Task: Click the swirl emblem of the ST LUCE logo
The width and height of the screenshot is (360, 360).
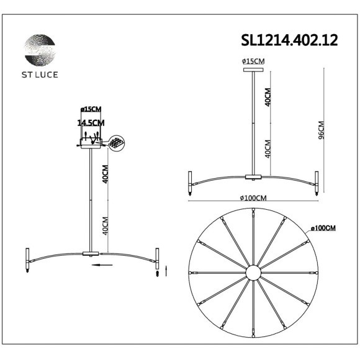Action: (39, 49)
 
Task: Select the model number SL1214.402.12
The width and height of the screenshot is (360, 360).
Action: (289, 40)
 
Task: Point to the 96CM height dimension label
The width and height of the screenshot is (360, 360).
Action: (330, 130)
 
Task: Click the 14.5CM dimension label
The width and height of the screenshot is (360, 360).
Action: (91, 123)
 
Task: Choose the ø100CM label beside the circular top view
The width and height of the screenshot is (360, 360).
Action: (323, 228)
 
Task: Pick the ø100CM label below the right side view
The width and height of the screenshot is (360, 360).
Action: (253, 198)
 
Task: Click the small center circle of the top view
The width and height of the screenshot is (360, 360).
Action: (253, 273)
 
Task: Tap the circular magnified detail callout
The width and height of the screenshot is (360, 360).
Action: (116, 143)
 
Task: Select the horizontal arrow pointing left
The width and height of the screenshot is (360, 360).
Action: (104, 264)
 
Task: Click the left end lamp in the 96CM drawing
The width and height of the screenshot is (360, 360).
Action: (189, 182)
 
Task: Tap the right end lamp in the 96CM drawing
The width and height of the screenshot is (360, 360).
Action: (317, 182)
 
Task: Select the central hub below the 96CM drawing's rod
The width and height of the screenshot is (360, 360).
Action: (253, 178)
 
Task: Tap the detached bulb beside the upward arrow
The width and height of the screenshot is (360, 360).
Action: (158, 272)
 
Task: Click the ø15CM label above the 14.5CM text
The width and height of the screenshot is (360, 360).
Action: (91, 109)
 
